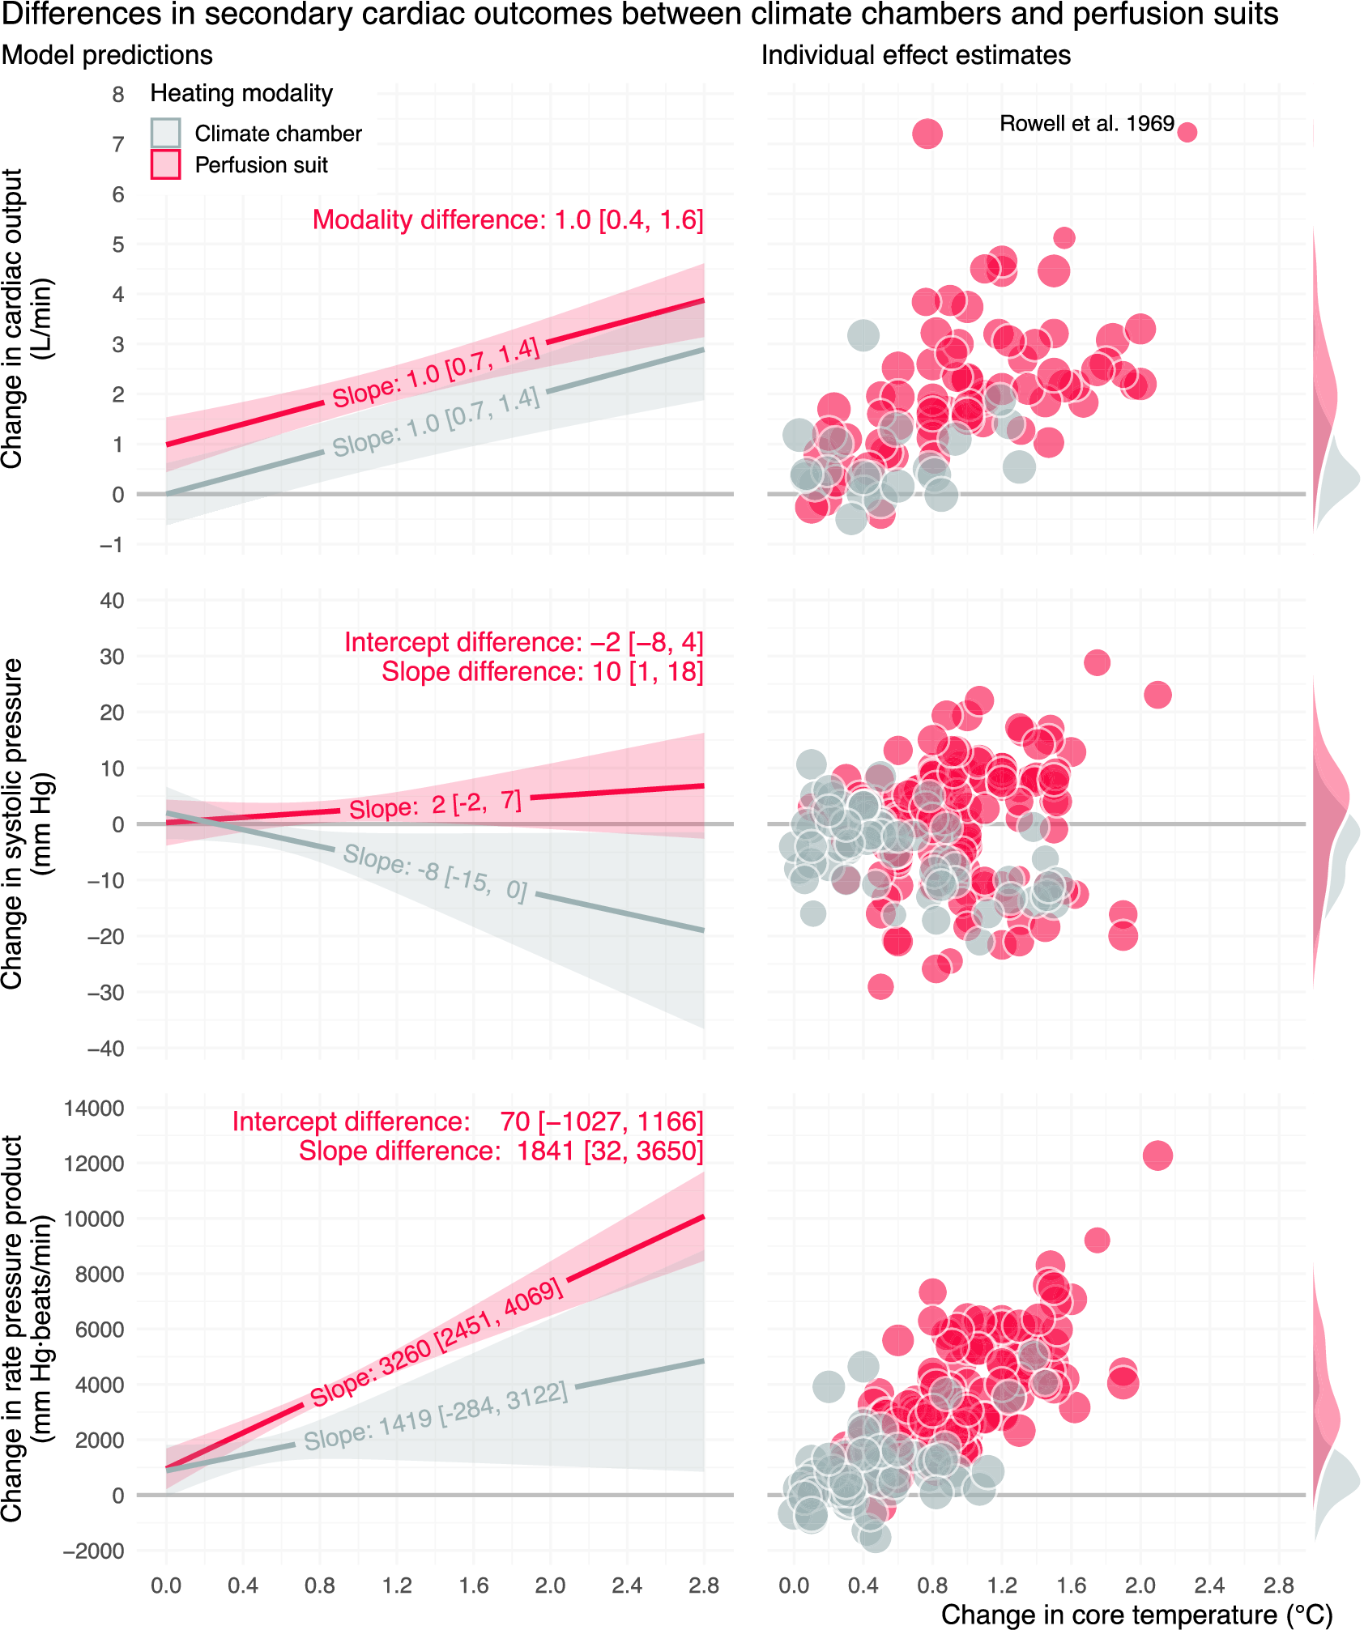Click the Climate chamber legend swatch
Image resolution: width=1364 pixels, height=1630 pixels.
point(165,133)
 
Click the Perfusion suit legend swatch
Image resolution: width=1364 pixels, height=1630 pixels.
point(165,164)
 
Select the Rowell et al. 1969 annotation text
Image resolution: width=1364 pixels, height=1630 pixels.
point(1086,124)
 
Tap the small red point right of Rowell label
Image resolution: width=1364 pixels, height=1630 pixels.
point(1187,132)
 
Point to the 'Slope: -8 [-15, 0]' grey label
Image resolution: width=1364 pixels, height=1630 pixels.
point(435,872)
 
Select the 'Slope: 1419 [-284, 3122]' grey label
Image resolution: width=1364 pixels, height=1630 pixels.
point(436,1416)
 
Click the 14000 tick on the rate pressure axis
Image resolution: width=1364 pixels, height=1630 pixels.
point(94,1109)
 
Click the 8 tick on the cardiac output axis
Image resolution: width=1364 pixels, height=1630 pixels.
point(118,95)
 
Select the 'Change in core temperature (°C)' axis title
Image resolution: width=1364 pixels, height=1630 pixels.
point(1136,1614)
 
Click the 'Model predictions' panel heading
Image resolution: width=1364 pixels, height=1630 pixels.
point(107,55)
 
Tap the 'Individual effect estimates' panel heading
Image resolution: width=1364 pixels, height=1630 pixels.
point(915,55)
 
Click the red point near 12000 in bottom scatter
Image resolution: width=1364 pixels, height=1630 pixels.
point(1157,1155)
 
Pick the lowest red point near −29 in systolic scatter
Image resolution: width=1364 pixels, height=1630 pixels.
point(880,986)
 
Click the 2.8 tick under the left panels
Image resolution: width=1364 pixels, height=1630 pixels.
point(703,1585)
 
